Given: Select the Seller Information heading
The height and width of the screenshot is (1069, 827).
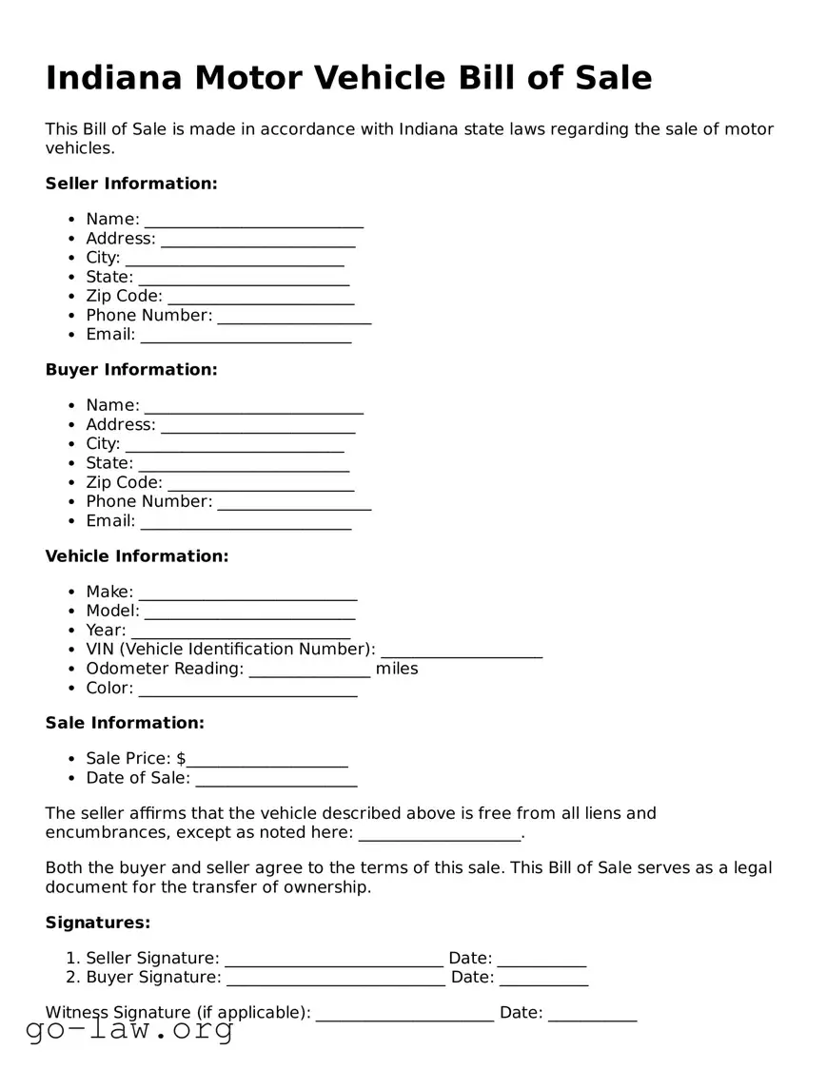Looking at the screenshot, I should click(x=131, y=184).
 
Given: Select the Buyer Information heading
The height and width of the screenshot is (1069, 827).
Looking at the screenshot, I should click(x=131, y=370).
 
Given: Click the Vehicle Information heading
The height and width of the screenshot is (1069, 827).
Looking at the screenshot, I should click(x=137, y=556).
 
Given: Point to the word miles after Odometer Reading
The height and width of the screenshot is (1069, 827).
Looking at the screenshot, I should click(x=397, y=669).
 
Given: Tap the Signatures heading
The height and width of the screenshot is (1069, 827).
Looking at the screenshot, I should click(x=98, y=923).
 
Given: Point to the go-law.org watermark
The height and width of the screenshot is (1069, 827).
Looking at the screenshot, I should click(x=129, y=1029).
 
